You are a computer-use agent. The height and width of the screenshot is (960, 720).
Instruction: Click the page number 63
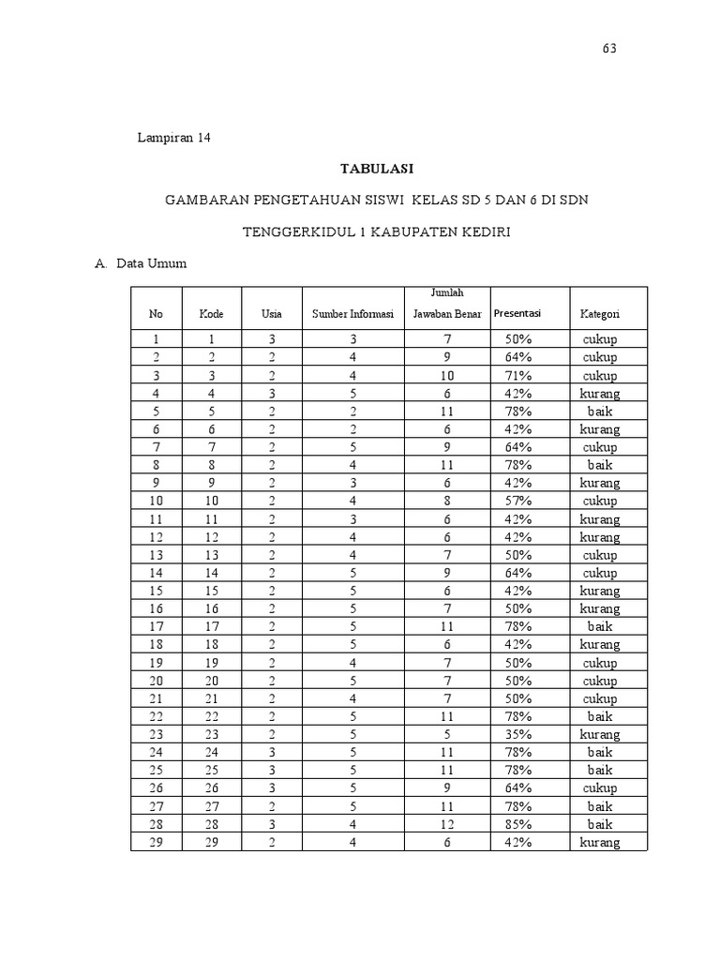coord(609,49)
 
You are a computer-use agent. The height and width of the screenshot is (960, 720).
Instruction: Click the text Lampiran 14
coord(174,138)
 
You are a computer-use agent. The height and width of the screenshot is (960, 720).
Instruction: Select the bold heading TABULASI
coord(375,169)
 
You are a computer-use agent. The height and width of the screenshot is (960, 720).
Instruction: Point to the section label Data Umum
coord(151,263)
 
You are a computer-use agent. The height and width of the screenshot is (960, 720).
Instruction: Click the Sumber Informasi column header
coord(353,314)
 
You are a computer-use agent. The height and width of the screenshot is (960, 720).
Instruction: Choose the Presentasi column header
coord(517,313)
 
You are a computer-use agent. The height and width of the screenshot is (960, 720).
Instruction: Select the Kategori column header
coord(600,314)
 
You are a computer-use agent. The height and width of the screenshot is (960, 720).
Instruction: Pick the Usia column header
coord(271,314)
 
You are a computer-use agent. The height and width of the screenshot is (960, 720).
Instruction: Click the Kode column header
coord(211,314)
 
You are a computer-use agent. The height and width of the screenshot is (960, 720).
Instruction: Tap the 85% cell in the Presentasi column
coord(517,824)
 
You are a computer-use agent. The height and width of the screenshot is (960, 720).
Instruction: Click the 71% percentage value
coord(517,375)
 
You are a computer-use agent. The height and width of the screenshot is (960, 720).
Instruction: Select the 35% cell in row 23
coord(517,734)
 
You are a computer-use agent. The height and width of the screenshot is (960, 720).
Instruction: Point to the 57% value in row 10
coord(517,501)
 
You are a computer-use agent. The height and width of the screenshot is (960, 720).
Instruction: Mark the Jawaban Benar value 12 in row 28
coord(433,824)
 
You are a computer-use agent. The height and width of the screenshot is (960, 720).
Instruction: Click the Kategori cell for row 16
coord(600,608)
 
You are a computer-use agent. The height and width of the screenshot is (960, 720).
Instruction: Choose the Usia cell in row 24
coord(271,752)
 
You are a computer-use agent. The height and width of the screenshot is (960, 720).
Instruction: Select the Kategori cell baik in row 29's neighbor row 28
coord(600,824)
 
